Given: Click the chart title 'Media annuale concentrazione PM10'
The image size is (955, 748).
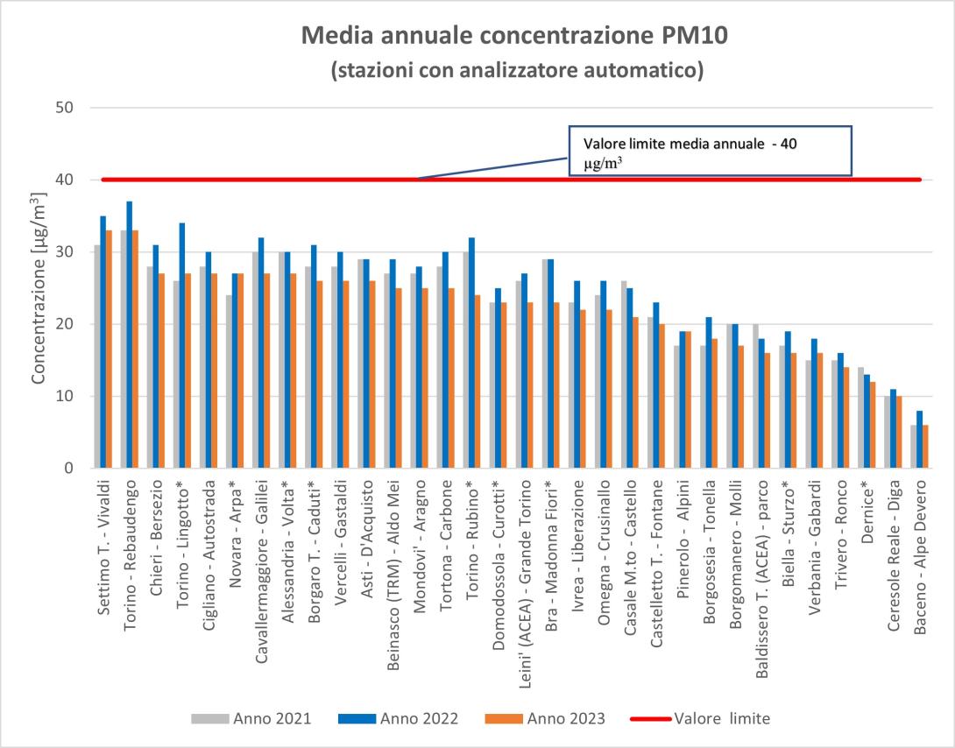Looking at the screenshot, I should pos(515,36).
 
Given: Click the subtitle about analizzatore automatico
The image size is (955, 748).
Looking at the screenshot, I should pos(517,70).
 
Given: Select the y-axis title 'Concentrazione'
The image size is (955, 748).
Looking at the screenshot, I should pos(39,289).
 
